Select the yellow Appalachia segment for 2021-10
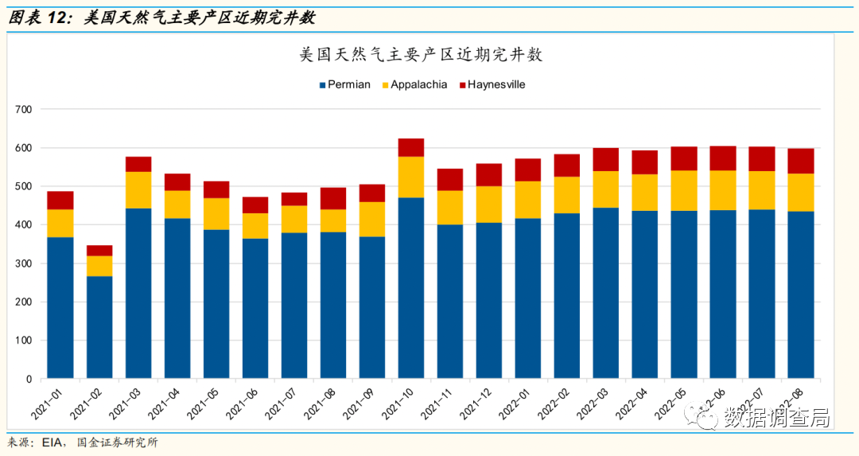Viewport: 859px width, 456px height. coord(411,177)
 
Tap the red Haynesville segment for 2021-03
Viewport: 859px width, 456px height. coord(138,164)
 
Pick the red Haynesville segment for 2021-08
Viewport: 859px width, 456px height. coord(333,198)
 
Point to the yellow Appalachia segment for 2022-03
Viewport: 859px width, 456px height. coord(606,189)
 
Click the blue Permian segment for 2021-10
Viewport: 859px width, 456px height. coord(411,287)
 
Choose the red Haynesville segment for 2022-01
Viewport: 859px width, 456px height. coord(528,170)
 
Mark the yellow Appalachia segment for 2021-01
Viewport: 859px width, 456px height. coord(60,223)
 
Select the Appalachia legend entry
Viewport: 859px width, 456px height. coord(414,84)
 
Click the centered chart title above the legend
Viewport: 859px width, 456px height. coord(421,55)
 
